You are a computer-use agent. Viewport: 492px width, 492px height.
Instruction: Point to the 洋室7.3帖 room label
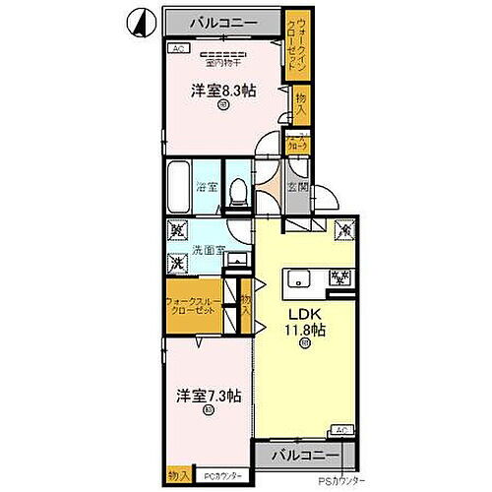[x=209, y=396]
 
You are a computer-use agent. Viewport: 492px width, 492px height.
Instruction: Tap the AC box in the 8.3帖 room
[x=178, y=46]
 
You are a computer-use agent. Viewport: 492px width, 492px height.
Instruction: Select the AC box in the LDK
[x=340, y=430]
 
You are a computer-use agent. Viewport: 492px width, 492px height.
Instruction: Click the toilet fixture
[x=237, y=191]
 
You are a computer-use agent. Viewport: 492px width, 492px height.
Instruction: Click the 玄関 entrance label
[x=296, y=186]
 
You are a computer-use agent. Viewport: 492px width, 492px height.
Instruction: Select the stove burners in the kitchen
[x=338, y=279]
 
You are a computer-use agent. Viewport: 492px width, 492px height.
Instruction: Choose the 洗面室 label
[x=208, y=248]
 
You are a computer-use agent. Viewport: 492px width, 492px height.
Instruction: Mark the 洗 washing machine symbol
[x=177, y=263]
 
